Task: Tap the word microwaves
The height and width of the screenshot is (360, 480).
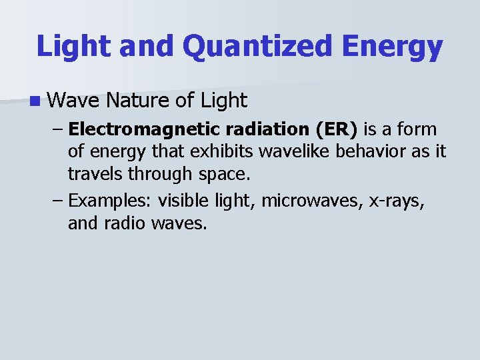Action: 312,199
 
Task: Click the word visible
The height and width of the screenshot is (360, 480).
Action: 180,199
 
